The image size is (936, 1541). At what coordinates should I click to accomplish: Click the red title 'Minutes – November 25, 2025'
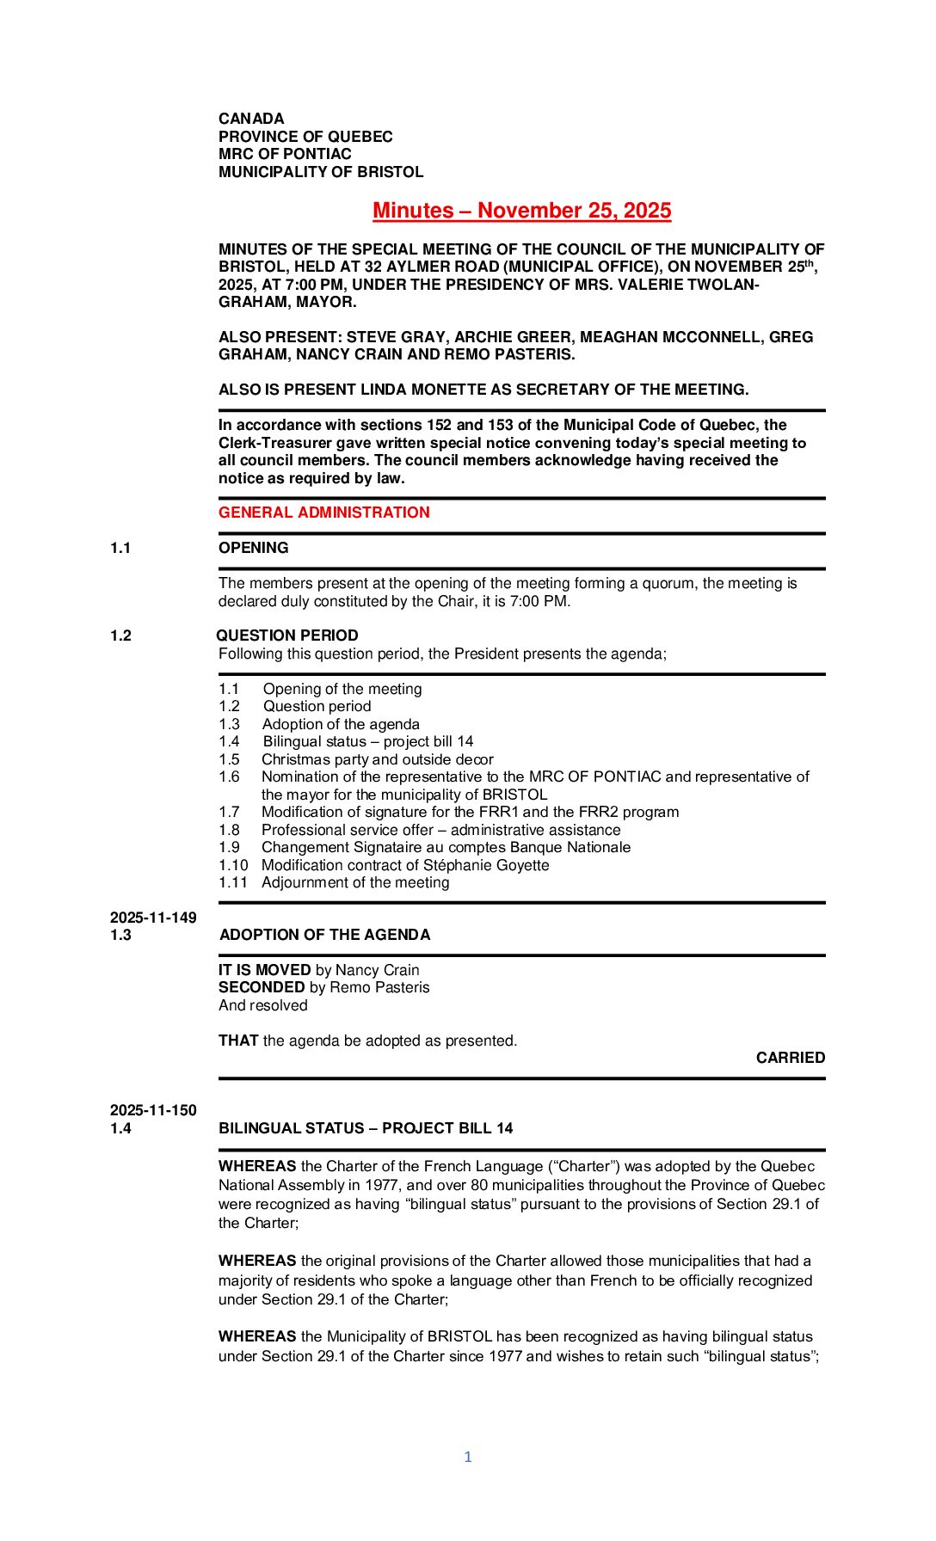[x=521, y=211]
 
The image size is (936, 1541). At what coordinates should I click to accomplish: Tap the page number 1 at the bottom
[x=468, y=1457]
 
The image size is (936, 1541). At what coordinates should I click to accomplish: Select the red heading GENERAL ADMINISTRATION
[x=323, y=513]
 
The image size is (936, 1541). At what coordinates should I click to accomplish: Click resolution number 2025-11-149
[x=153, y=918]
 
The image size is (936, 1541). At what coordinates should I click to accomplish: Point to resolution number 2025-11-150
[x=153, y=1110]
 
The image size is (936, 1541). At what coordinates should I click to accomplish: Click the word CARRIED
[x=790, y=1058]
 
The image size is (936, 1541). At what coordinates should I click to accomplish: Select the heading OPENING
[x=253, y=548]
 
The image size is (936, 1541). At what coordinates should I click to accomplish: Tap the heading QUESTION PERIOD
[x=287, y=635]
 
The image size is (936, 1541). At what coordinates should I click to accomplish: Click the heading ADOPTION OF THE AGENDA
[x=324, y=935]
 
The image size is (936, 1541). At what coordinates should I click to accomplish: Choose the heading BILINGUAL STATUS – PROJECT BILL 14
[x=366, y=1128]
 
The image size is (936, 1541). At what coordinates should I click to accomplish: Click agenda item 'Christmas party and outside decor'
[x=377, y=759]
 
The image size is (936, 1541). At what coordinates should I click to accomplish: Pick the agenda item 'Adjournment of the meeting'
[x=355, y=882]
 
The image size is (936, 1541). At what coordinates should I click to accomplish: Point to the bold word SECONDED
[x=262, y=987]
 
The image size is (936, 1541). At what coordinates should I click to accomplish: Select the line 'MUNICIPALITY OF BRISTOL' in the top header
[x=321, y=172]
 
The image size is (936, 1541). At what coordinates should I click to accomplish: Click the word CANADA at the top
[x=251, y=119]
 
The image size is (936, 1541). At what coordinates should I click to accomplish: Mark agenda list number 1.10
[x=233, y=865]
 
